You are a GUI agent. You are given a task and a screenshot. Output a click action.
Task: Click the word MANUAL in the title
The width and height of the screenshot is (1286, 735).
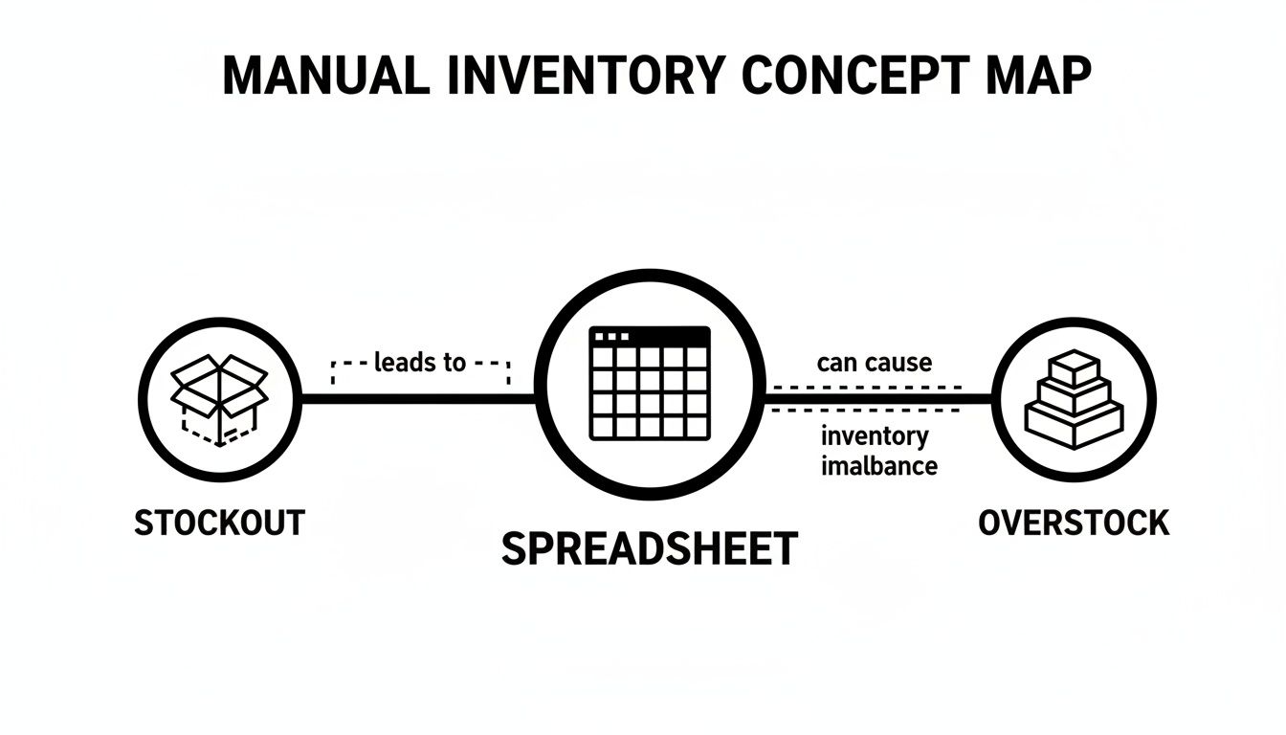click(325, 76)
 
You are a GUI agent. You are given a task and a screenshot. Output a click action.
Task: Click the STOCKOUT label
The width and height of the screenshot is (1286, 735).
click(219, 523)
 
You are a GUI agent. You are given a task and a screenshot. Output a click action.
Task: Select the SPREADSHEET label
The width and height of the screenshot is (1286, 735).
click(650, 548)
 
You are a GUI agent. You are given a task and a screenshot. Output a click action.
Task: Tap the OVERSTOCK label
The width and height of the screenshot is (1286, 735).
click(1074, 523)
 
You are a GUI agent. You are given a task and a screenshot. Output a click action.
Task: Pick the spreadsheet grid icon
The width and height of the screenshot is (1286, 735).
click(650, 383)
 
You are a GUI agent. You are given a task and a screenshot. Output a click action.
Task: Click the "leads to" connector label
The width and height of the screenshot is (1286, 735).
click(420, 363)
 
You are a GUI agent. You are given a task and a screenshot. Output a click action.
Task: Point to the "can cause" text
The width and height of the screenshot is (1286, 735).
click(875, 363)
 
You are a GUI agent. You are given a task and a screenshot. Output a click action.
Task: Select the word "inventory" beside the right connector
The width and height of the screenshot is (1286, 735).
click(875, 437)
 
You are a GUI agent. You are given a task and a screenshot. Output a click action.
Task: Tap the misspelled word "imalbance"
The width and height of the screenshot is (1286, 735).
click(878, 466)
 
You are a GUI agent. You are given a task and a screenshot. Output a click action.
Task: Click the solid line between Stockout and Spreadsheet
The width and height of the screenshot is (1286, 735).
click(417, 399)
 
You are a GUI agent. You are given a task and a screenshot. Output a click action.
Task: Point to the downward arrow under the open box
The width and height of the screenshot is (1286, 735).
click(220, 441)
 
